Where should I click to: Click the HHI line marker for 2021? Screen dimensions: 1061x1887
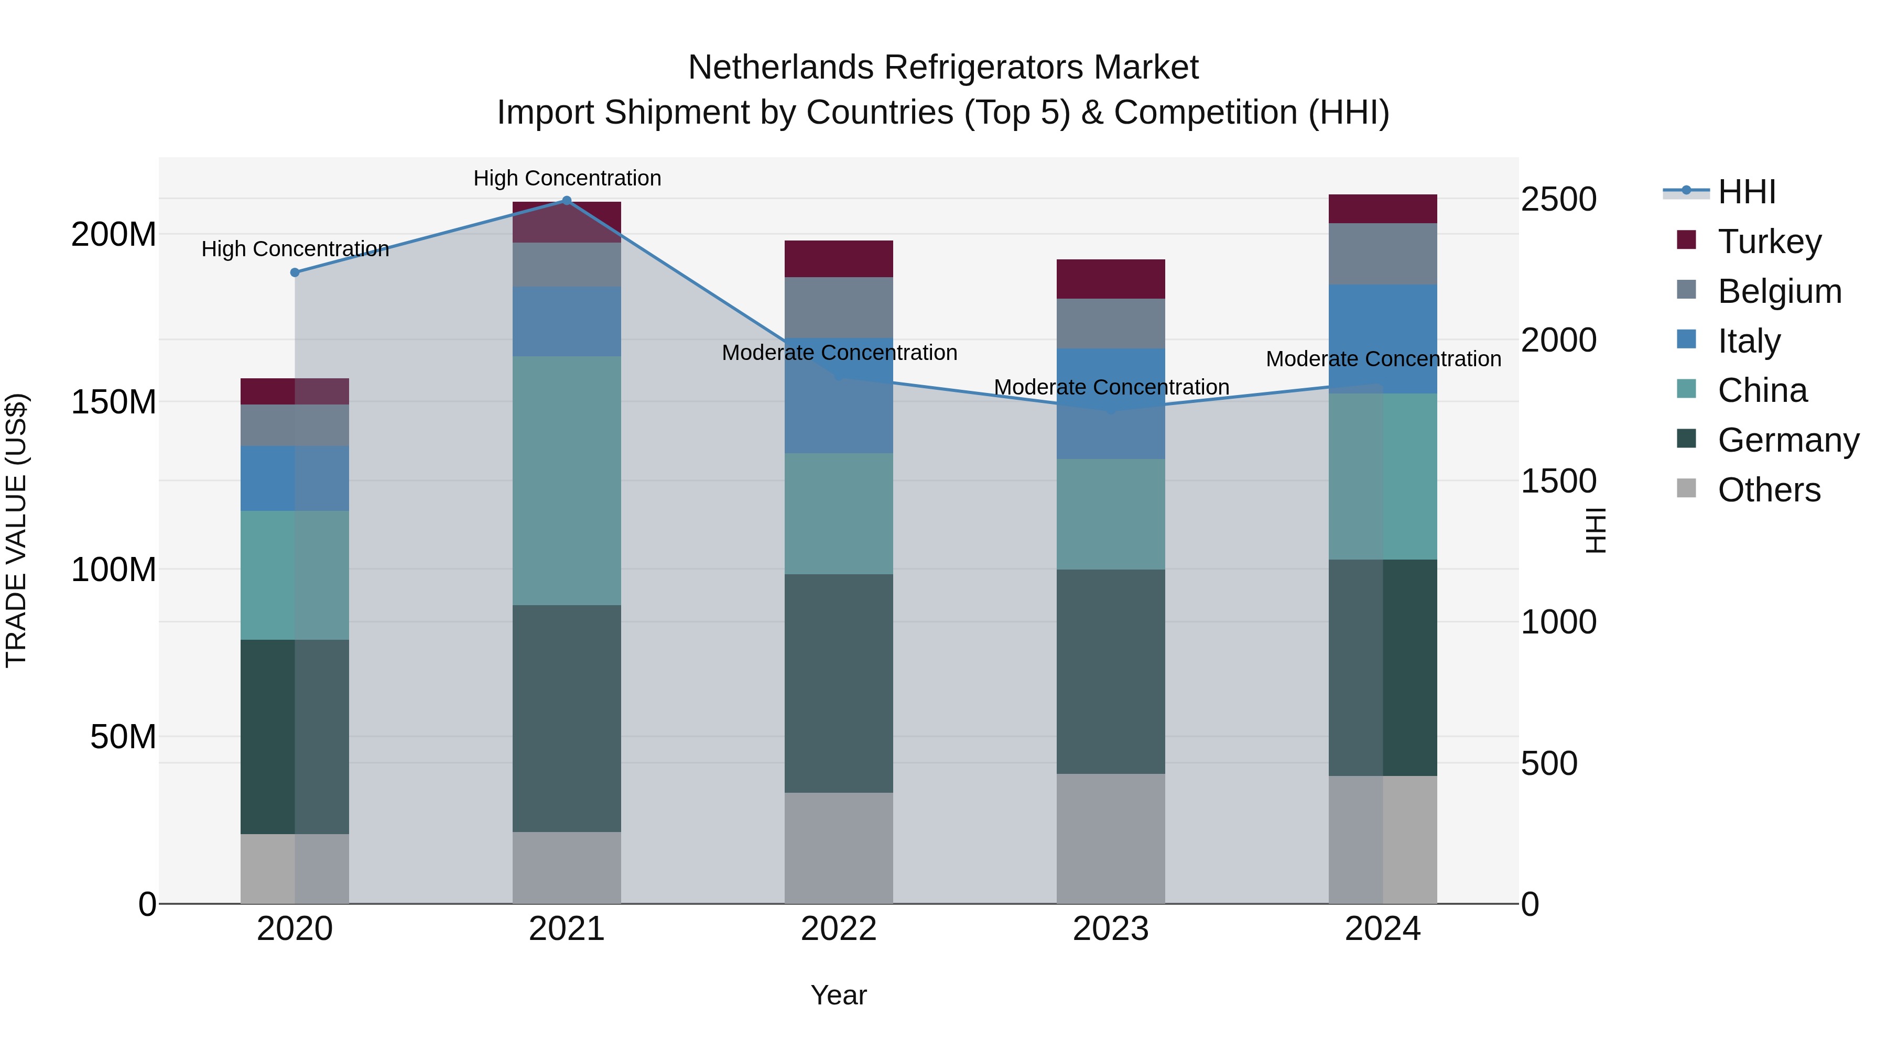(566, 201)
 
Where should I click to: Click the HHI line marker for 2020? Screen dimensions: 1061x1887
(295, 272)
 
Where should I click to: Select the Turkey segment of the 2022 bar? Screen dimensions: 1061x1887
(838, 258)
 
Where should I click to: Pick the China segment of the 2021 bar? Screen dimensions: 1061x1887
(566, 480)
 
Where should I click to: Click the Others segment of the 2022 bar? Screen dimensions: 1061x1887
(838, 847)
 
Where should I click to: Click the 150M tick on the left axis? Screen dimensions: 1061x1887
(114, 402)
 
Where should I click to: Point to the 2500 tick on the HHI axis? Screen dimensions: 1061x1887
(1558, 199)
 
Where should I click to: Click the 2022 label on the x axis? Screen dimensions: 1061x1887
(838, 929)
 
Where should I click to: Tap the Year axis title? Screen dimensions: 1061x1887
(838, 995)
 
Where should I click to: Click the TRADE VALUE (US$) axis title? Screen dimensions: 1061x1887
(16, 530)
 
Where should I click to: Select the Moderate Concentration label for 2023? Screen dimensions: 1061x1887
(1111, 387)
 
